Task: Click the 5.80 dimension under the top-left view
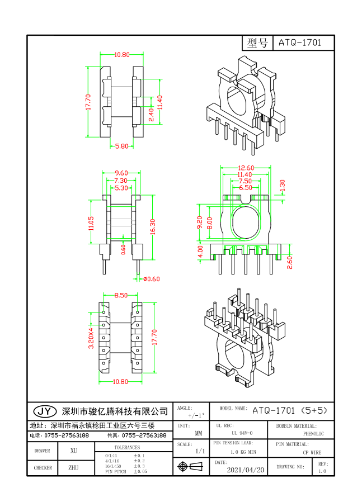coord(121,146)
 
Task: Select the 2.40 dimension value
coord(151,115)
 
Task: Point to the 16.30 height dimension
coord(152,226)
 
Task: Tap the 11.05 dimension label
coord(91,223)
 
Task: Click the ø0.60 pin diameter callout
coord(151,278)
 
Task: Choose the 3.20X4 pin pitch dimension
coord(91,338)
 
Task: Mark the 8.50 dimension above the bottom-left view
coord(121,295)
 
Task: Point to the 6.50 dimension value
coord(245,188)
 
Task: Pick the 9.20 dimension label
coord(199,224)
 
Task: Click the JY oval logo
coord(44,411)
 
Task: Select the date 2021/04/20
coord(245,470)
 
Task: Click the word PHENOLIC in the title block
coord(313,433)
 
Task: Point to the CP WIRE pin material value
coord(312,452)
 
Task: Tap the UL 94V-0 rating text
coord(242,433)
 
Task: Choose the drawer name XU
coord(74,450)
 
